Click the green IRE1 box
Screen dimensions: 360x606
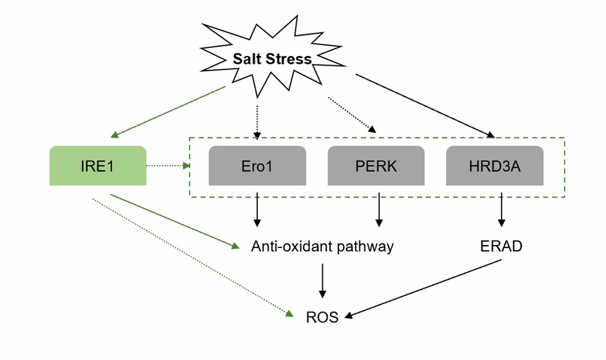pos(97,165)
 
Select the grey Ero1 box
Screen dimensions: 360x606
pos(257,165)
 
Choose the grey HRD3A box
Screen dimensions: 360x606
pos(495,165)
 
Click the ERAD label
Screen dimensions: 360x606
pos(501,246)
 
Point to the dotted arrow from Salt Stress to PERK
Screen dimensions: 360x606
pos(351,114)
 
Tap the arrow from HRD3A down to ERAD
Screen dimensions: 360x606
pos(501,209)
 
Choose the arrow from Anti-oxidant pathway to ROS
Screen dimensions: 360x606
pos(322,280)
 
